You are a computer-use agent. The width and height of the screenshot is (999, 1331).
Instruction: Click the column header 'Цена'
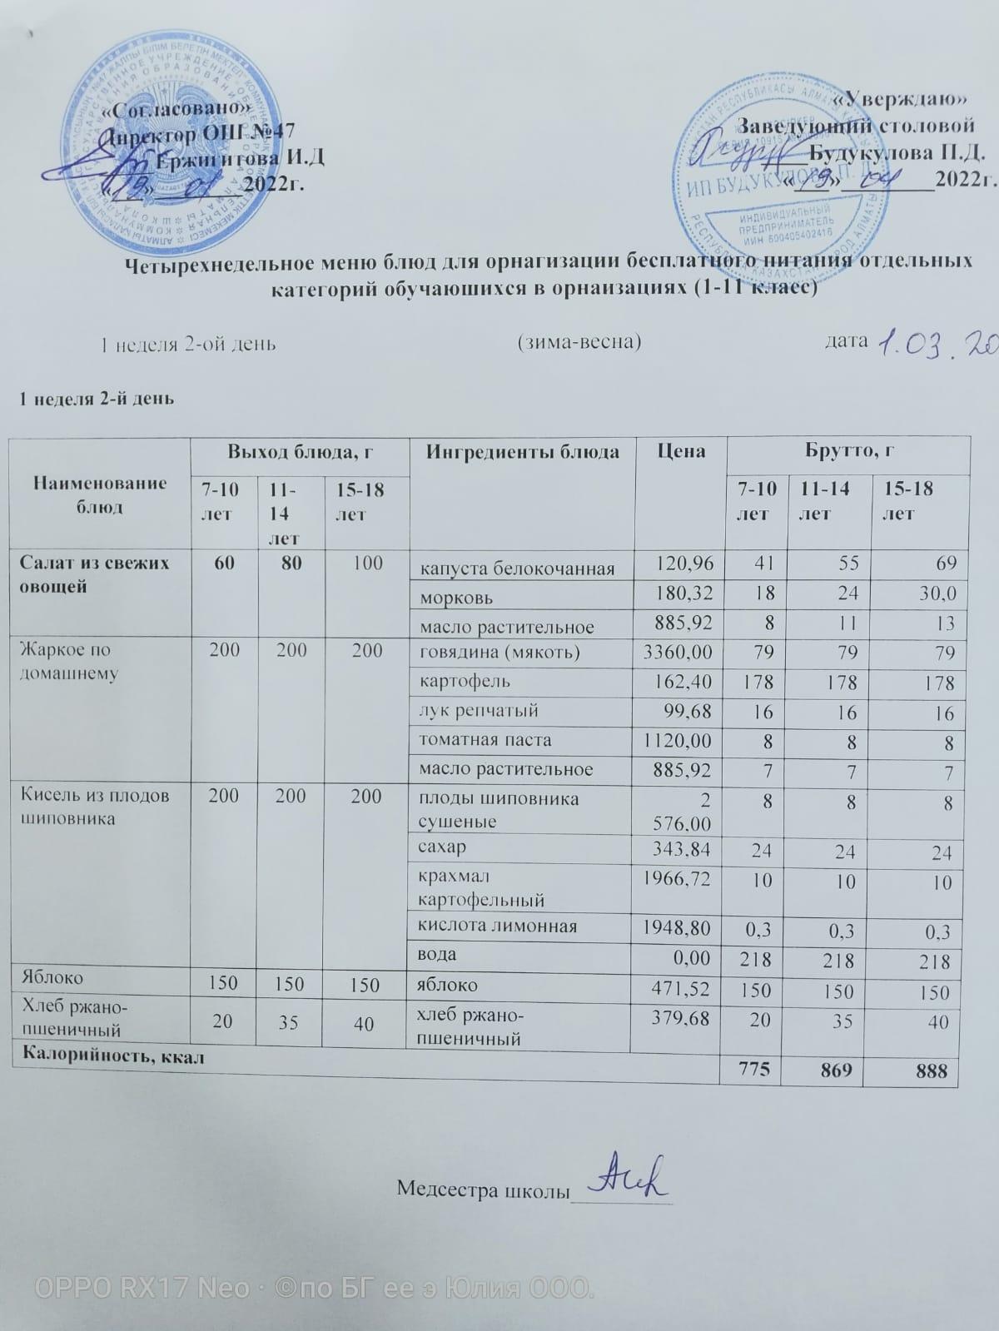tap(680, 452)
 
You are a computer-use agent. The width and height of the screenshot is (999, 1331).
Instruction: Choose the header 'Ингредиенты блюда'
tap(522, 452)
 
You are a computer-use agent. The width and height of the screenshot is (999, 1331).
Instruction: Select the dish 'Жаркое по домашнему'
tap(67, 661)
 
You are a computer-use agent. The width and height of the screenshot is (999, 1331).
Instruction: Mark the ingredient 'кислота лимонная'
tap(497, 926)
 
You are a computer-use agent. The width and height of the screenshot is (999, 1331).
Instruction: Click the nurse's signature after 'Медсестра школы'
tap(624, 1179)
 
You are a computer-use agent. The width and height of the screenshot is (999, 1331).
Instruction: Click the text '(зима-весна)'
tap(579, 342)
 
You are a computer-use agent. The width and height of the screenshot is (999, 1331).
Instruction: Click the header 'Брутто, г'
tap(848, 452)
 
